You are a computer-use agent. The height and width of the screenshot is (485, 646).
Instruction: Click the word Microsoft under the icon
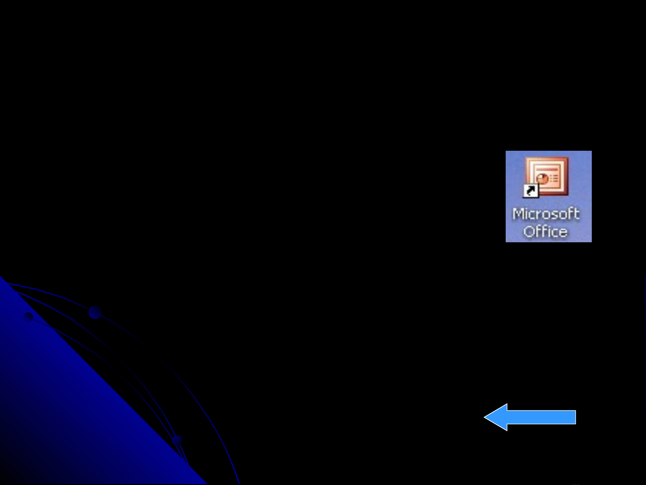click(546, 214)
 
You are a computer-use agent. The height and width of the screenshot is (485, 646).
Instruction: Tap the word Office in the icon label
click(545, 232)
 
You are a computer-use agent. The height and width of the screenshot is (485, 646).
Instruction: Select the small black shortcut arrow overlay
click(531, 191)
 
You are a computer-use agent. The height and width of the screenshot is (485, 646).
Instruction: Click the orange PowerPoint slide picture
click(547, 176)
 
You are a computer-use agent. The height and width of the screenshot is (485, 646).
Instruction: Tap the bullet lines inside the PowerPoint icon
click(554, 178)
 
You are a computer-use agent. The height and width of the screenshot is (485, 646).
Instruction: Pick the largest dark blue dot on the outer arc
click(95, 312)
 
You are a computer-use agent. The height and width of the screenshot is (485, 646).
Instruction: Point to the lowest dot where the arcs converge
click(177, 440)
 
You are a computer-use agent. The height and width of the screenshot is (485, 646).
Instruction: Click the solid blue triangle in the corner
click(67, 404)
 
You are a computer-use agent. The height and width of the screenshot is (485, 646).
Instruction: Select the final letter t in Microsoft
click(577, 214)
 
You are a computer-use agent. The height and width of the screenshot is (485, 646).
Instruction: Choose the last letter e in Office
click(562, 232)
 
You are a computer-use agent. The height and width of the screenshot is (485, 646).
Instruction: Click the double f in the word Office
click(542, 231)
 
